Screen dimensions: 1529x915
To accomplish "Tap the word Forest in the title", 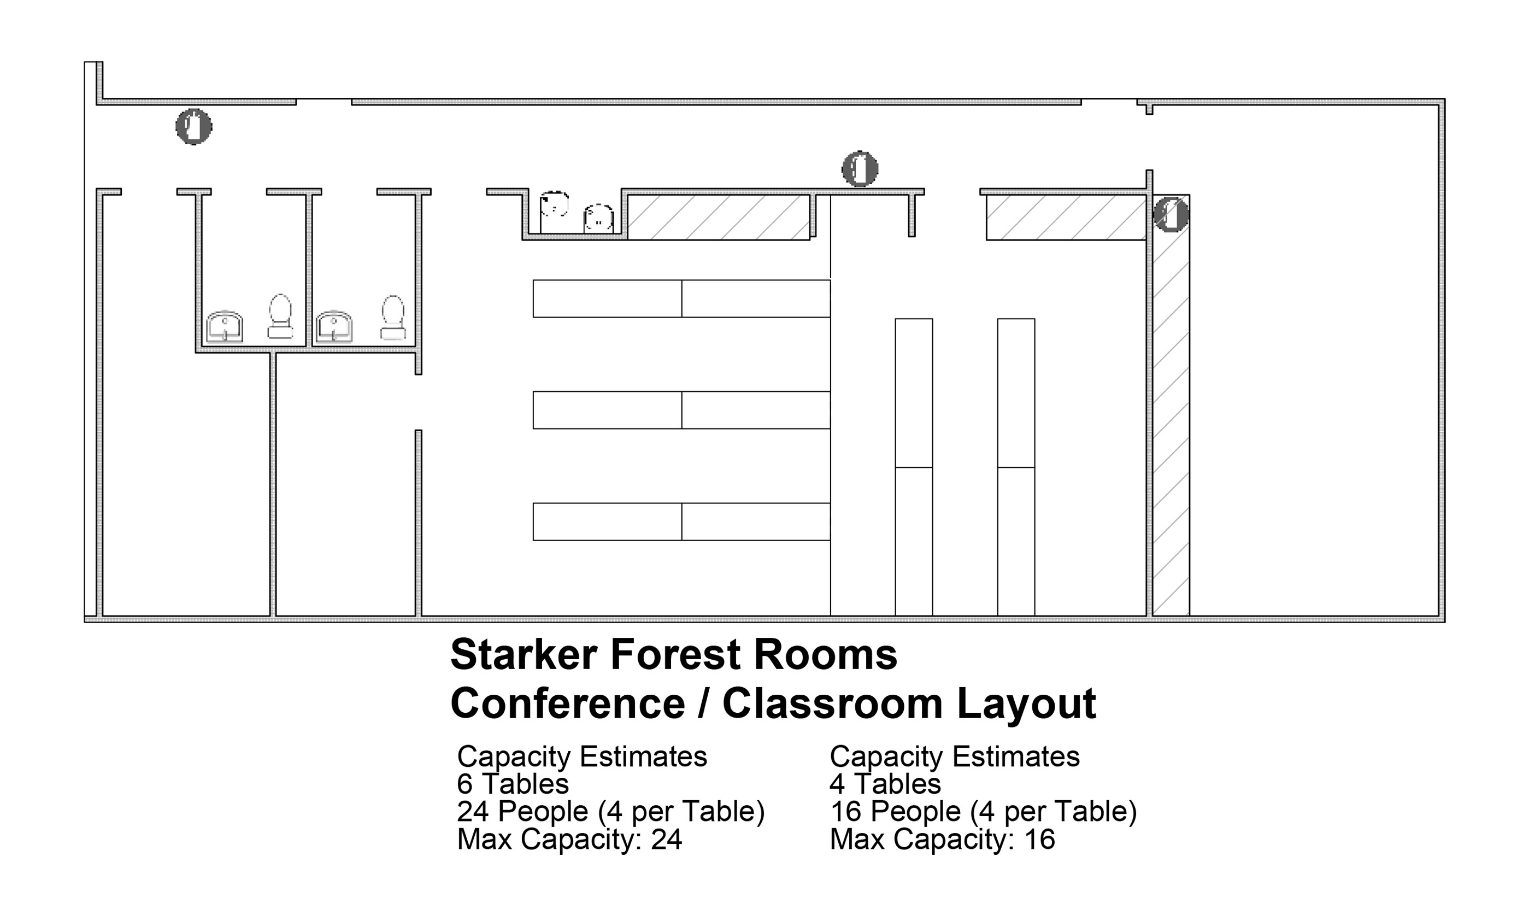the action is click(675, 655).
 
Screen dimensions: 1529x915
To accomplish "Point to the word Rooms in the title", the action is click(825, 655).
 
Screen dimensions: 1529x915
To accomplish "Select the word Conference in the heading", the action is click(568, 703).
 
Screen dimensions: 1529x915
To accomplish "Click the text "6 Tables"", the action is click(513, 784).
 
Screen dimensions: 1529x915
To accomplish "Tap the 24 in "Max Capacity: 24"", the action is click(667, 840).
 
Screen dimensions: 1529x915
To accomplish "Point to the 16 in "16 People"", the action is click(845, 812).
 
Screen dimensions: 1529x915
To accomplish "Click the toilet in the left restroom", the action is click(280, 316).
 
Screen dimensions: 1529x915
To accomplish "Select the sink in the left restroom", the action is click(225, 326).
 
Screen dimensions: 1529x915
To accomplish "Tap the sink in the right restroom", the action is click(334, 326).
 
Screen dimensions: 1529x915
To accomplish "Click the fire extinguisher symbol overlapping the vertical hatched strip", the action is click(1171, 215).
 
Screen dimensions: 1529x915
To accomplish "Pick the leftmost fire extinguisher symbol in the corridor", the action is click(194, 126).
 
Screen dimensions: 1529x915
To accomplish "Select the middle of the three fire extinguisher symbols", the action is click(860, 168).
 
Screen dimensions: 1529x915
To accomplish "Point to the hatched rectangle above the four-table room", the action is click(1066, 218).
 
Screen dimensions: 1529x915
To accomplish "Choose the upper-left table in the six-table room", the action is click(608, 299).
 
